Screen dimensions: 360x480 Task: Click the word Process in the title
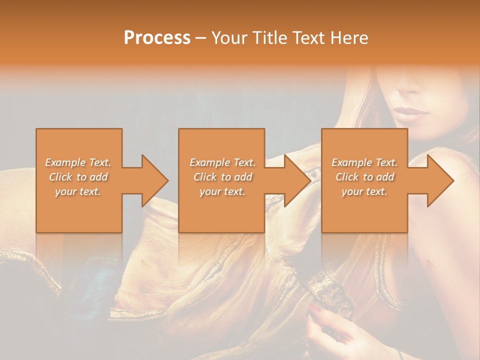157,38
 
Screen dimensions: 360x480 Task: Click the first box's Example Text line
78,162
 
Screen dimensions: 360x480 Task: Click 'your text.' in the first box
78,191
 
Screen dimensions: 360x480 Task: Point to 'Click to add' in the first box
78,177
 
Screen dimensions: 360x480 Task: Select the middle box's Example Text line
222,162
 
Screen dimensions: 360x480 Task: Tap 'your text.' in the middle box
222,191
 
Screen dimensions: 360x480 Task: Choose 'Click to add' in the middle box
222,177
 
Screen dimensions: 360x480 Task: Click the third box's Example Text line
364,162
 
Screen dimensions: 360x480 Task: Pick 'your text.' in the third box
364,191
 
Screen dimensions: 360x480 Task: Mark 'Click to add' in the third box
364,177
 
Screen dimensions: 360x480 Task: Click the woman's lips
411,112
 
